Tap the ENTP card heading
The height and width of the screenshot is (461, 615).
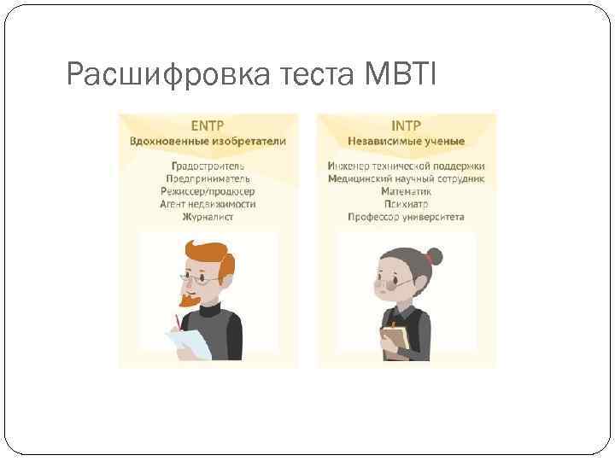pos(208,125)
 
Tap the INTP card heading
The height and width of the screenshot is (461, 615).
pos(406,125)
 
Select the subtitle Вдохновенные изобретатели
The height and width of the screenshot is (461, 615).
pos(208,140)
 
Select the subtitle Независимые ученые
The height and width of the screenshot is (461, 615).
pos(406,140)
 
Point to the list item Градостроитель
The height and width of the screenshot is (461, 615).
pos(208,165)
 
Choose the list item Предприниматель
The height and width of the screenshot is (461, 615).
pos(208,178)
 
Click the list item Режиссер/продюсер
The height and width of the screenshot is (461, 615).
pos(208,191)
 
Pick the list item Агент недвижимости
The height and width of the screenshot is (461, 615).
pos(208,204)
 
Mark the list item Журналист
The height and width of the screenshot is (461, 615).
pos(208,217)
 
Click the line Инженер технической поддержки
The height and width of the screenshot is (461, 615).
pos(406,165)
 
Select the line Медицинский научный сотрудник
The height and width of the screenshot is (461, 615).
pos(406,178)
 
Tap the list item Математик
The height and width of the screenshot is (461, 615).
pos(406,191)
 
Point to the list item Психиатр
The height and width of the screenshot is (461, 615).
pos(406,204)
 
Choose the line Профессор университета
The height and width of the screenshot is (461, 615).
pos(406,217)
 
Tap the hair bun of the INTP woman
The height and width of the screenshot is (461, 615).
pos(435,255)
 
